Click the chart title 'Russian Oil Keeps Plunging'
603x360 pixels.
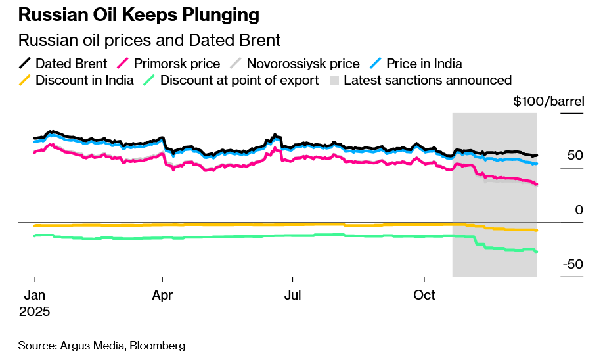139,14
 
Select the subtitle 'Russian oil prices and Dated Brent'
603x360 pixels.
149,41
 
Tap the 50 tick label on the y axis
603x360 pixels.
575,156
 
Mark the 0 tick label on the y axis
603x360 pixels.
579,210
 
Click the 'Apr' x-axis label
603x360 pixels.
162,295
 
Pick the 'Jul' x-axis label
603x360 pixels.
292,295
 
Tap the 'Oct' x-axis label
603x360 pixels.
424,295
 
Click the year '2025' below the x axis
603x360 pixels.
34,311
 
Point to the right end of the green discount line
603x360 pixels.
537,252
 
